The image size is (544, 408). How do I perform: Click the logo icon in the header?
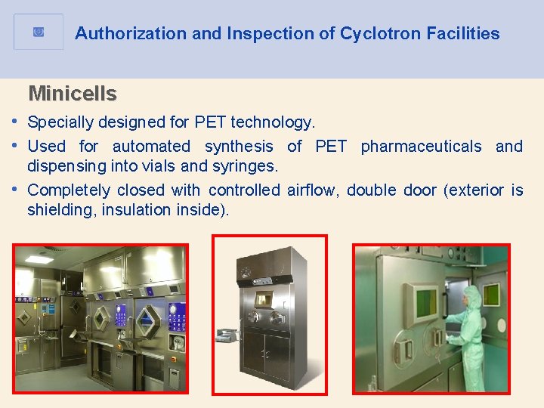pos(39,32)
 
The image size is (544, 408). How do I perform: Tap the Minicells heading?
pos(73,94)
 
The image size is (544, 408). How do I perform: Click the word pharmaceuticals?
pos(421,146)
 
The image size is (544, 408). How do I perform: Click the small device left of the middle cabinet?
pos(225,335)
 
